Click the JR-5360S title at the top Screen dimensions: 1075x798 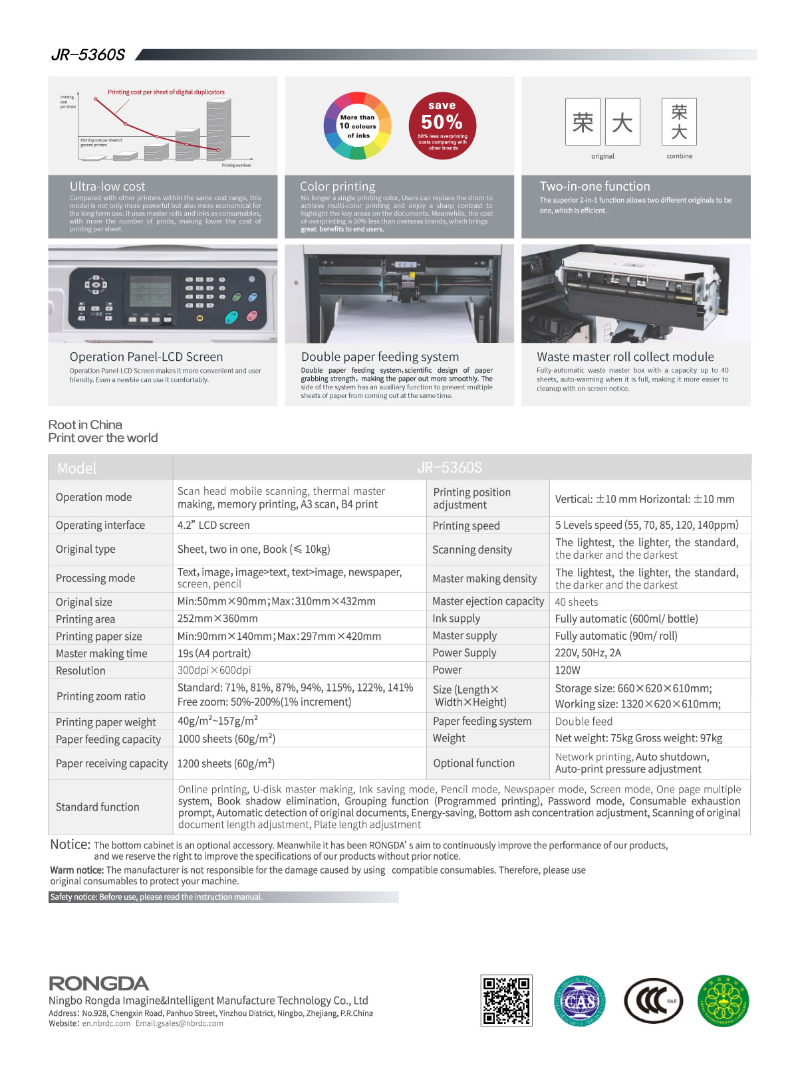[x=88, y=55]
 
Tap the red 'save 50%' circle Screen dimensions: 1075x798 [x=442, y=126]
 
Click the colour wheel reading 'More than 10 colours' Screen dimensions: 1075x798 [x=358, y=126]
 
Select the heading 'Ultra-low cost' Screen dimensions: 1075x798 [x=107, y=187]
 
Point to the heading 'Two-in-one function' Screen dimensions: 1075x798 [x=595, y=187]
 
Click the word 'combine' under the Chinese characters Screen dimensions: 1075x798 [x=679, y=156]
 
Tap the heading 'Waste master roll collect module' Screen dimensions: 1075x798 [x=625, y=357]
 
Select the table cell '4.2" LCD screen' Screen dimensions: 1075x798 [x=213, y=525]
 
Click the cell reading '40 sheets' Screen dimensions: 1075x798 [x=576, y=602]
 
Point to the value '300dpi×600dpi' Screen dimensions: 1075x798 [x=214, y=670]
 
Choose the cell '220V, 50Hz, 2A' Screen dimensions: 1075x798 [x=588, y=652]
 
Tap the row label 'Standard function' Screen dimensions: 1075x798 [x=97, y=807]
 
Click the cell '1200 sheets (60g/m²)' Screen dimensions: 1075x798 [x=225, y=763]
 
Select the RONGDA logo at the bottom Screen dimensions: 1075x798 [x=98, y=983]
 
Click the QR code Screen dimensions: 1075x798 [x=506, y=1001]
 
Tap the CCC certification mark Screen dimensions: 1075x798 [x=654, y=1001]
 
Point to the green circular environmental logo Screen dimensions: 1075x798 [x=723, y=1001]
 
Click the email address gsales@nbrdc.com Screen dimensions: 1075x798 [x=180, y=1023]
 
